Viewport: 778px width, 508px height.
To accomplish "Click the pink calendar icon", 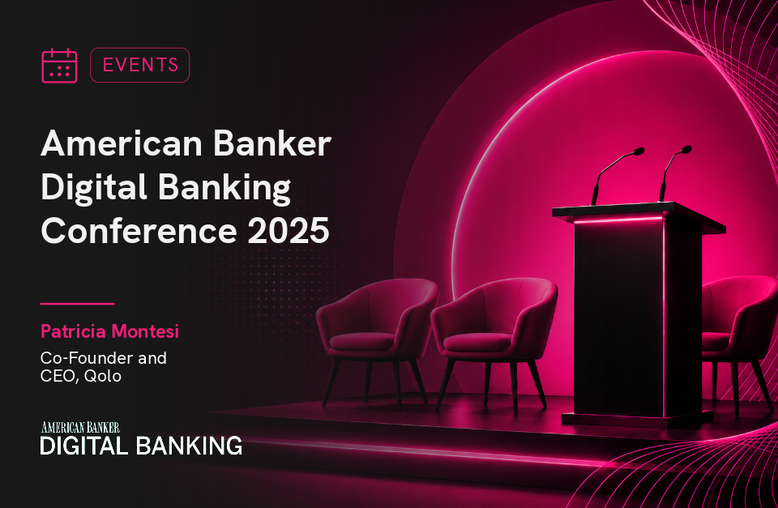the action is pos(59,66).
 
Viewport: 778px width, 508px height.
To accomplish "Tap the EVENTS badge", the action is pos(140,65).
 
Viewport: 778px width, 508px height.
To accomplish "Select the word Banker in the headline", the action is pos(272,144).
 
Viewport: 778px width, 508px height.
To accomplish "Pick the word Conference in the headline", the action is pos(139,231).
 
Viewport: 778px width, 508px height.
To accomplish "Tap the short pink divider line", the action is pos(78,303).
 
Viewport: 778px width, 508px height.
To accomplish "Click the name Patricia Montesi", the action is pos(109,331).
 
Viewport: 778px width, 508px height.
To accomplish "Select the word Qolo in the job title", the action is pos(103,376).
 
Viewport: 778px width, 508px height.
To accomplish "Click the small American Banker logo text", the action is pos(80,427).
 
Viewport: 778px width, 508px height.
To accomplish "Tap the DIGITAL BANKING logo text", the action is pos(141,446).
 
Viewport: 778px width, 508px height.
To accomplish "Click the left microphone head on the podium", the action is pos(638,152).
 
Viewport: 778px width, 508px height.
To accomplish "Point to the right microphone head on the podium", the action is pos(686,149).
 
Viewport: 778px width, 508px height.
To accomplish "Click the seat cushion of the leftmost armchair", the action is pos(362,342).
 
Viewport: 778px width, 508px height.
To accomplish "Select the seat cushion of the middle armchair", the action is pos(477,342).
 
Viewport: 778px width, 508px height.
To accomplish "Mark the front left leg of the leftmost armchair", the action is pos(332,382).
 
